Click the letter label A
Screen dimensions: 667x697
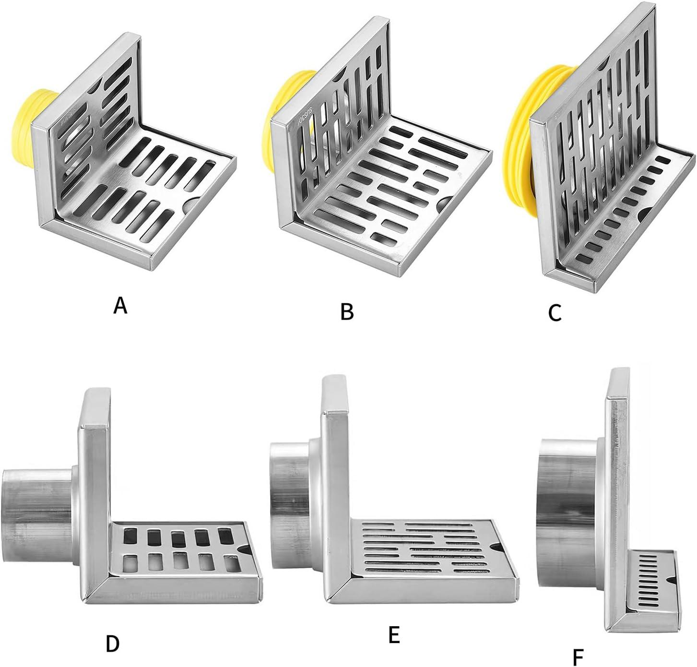point(120,305)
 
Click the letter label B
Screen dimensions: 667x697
point(347,311)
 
